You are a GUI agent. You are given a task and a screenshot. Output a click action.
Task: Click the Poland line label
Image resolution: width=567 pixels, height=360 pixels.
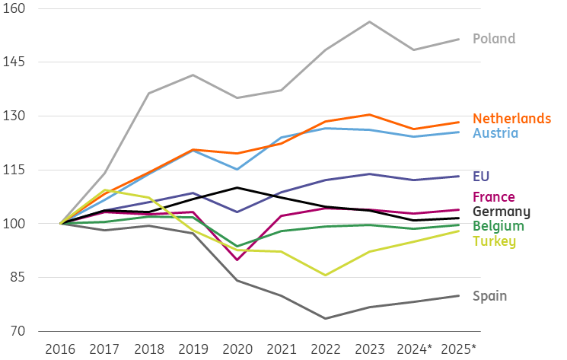pos(494,39)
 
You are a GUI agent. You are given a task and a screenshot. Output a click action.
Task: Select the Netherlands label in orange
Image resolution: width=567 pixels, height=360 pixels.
pos(511,119)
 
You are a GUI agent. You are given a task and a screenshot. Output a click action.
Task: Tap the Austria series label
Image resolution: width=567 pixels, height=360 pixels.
pos(495,133)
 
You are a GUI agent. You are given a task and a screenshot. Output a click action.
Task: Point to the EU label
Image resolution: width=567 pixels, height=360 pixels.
pos(481,177)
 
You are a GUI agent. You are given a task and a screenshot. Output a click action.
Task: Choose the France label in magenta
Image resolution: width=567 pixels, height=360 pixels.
pos(494,197)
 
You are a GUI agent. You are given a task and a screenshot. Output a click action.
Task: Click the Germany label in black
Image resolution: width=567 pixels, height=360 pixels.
pos(501,212)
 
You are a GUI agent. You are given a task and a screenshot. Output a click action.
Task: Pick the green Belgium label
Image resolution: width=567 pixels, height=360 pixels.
pos(499,226)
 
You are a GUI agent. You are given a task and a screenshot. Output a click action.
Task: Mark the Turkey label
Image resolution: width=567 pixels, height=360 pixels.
pos(494,241)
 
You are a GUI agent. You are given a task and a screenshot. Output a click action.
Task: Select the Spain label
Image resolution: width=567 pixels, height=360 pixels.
pos(489,296)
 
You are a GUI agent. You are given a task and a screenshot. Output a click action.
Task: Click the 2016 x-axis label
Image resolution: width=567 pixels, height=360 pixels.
pos(60,349)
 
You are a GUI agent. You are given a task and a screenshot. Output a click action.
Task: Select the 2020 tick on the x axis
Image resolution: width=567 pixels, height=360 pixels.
pos(237,349)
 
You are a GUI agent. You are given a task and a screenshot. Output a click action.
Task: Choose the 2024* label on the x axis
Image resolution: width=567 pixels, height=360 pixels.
pos(415,349)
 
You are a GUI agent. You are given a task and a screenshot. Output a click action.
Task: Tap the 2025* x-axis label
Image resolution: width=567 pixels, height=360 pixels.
pos(459,349)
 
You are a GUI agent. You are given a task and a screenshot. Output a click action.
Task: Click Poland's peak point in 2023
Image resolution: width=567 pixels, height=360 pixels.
pos(370,21)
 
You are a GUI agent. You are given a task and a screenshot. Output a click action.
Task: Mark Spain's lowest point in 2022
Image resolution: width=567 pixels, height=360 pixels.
pos(326,318)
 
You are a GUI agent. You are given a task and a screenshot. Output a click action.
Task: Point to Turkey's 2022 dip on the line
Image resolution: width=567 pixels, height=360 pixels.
pos(326,275)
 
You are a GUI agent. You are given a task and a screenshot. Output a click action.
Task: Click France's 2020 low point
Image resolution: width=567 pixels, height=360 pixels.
pos(237,260)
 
